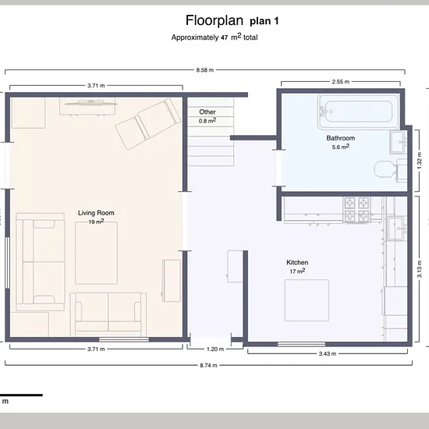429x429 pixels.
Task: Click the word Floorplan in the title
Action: click(x=214, y=20)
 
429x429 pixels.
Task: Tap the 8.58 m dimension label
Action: click(x=204, y=70)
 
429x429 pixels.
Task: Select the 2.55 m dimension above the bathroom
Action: click(x=340, y=82)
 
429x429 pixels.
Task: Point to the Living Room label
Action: click(x=96, y=213)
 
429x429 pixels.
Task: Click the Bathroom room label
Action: click(x=340, y=138)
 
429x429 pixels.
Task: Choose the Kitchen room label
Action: click(x=297, y=262)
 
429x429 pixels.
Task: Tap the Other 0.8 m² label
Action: click(x=207, y=116)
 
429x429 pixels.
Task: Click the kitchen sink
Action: click(x=396, y=229)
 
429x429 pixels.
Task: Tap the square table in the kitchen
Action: click(x=307, y=300)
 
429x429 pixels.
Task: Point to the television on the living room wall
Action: click(x=90, y=103)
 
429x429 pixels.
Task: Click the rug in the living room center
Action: click(x=96, y=253)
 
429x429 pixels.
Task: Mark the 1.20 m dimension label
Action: click(x=215, y=349)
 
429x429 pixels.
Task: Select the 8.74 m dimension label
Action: click(x=208, y=365)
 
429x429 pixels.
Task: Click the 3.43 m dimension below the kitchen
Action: click(x=328, y=354)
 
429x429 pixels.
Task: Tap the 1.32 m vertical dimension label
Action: click(x=419, y=160)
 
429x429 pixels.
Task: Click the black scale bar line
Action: click(x=21, y=395)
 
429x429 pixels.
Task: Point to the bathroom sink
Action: click(x=399, y=142)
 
